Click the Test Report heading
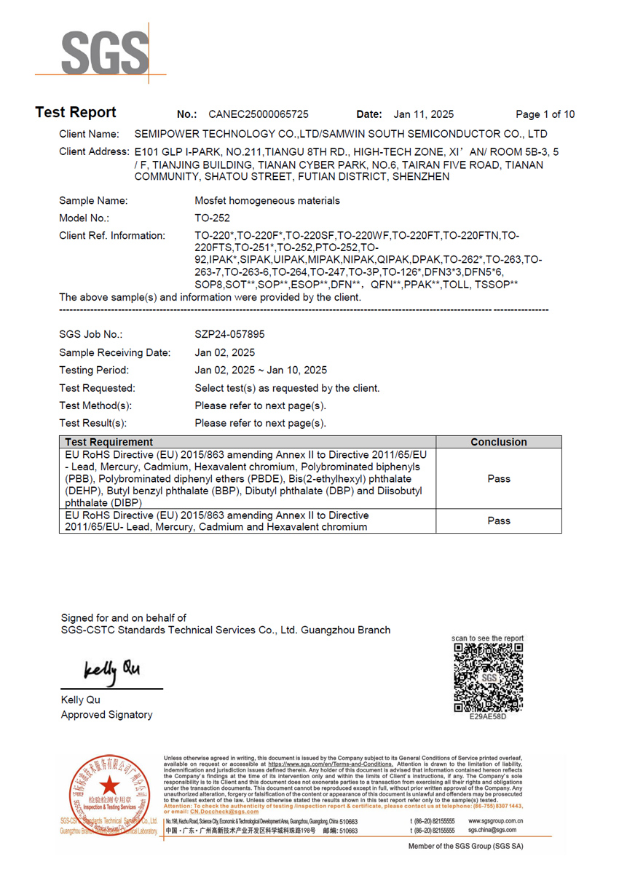coord(76,113)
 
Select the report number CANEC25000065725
coord(258,114)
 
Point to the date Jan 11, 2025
coord(423,114)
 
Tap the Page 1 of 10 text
coord(545,114)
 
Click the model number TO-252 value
coord(213,218)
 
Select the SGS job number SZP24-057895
coord(229,335)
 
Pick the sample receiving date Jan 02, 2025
coord(225,352)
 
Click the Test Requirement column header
coord(109,442)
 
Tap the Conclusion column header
coord(498,442)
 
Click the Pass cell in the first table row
coord(498,479)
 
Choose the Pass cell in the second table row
coord(498,521)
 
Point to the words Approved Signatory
coord(106,715)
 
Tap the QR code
coord(488,678)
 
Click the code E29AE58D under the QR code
coord(488,716)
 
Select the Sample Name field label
coord(93,201)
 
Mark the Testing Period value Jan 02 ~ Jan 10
coord(261,371)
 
